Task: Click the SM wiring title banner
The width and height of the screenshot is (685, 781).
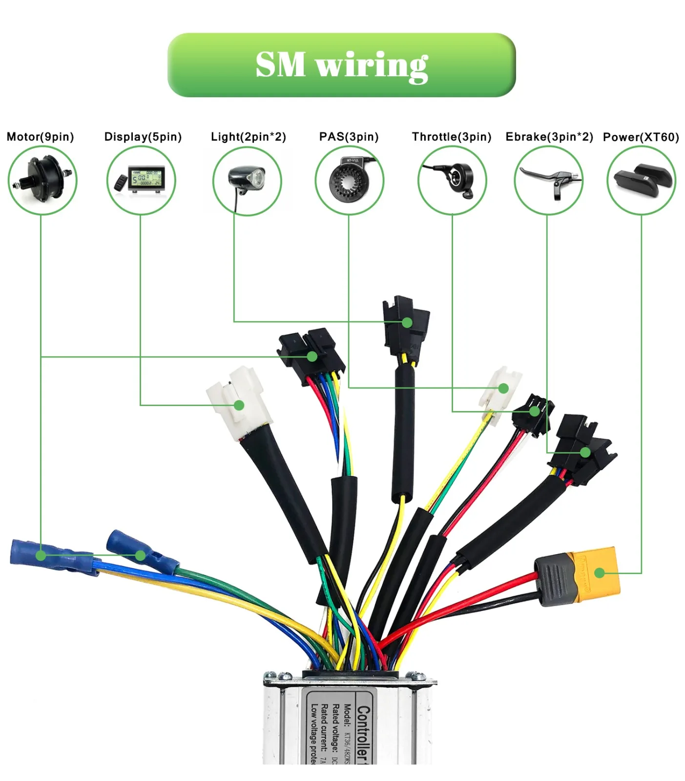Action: (x=341, y=65)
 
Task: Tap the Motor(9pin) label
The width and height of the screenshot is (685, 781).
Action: (x=40, y=137)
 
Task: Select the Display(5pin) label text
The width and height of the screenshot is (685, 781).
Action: (x=143, y=137)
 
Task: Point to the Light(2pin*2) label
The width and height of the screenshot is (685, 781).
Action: (x=248, y=137)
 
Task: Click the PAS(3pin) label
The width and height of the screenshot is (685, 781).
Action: (x=349, y=137)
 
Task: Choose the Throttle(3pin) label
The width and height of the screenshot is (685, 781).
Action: (x=451, y=137)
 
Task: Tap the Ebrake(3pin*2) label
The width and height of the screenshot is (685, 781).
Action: (x=549, y=137)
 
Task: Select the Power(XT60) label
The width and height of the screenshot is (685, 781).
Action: (x=641, y=137)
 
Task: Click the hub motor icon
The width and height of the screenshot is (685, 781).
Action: (x=42, y=180)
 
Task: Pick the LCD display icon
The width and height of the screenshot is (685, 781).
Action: (x=141, y=180)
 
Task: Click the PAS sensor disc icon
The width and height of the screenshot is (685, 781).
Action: (x=349, y=180)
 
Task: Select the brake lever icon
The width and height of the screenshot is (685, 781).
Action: (x=549, y=180)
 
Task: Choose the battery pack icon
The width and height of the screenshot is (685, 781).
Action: (x=641, y=179)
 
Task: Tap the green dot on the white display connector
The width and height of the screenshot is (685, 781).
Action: (x=239, y=405)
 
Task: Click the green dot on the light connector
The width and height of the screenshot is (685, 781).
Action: (x=407, y=322)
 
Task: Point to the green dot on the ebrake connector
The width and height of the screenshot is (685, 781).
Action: (x=585, y=452)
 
